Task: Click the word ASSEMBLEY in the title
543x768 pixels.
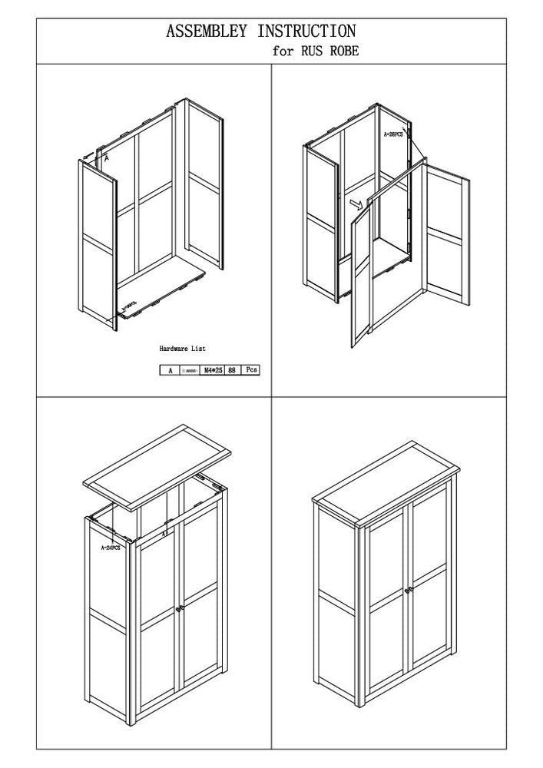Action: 207,31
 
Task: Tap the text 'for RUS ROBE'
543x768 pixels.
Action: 315,52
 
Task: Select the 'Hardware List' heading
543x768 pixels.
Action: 182,349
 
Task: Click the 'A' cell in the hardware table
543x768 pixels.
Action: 170,370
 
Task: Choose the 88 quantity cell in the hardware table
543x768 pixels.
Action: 231,370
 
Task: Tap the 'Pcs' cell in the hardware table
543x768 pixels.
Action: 250,370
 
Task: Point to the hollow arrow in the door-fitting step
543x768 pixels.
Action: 356,204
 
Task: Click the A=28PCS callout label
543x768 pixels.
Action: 393,134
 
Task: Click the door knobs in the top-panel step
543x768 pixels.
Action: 179,608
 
